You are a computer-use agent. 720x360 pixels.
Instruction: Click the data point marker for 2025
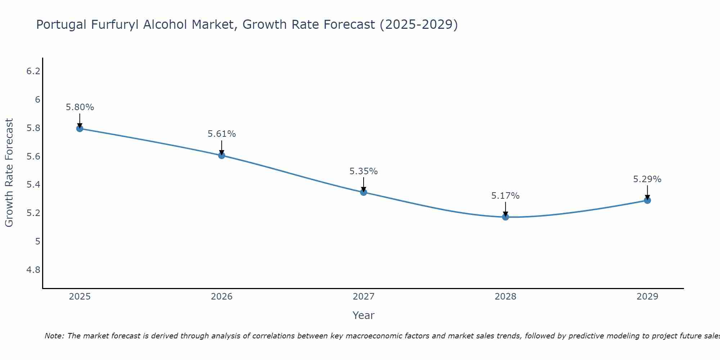pos(80,129)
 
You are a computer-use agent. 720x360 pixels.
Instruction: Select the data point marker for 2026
pos(221,155)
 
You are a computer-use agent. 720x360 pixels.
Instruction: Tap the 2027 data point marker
pos(363,192)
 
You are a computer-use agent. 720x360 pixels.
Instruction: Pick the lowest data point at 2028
pos(505,217)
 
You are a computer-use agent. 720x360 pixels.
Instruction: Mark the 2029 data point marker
pos(647,200)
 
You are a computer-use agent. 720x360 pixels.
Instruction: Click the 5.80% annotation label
pos(80,107)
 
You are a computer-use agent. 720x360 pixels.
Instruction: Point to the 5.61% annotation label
pos(221,134)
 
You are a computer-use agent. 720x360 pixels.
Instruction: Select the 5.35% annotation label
pos(363,171)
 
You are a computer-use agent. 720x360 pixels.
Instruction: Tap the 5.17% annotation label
pos(505,196)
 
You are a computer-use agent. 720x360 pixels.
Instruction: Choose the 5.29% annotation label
pos(647,179)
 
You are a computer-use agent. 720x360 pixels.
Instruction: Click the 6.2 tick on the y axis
pos(33,71)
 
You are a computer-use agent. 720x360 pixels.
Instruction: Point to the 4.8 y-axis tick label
pos(33,270)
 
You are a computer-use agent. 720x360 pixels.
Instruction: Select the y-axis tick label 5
pos(37,242)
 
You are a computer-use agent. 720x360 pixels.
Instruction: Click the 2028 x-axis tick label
pos(505,297)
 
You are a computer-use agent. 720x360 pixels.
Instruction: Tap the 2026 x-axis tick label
pos(221,297)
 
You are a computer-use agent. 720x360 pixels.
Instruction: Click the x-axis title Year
pos(363,315)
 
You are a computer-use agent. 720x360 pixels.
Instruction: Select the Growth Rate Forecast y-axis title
pos(9,173)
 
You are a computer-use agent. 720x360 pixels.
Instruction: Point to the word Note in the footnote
pos(54,336)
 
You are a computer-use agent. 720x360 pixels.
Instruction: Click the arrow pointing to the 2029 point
pos(647,192)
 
